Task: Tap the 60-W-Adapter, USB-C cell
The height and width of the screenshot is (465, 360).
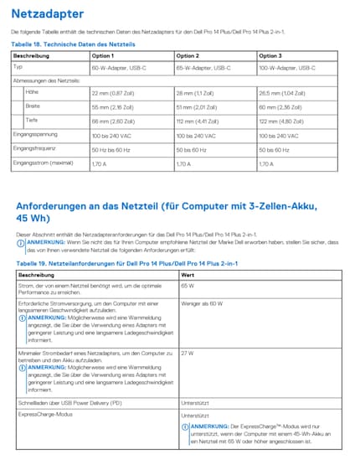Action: (x=116, y=65)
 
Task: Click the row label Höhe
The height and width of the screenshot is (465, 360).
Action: (x=33, y=92)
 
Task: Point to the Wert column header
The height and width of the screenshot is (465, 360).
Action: (x=188, y=275)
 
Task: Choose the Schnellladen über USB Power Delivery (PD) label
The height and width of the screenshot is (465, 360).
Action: (x=69, y=402)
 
